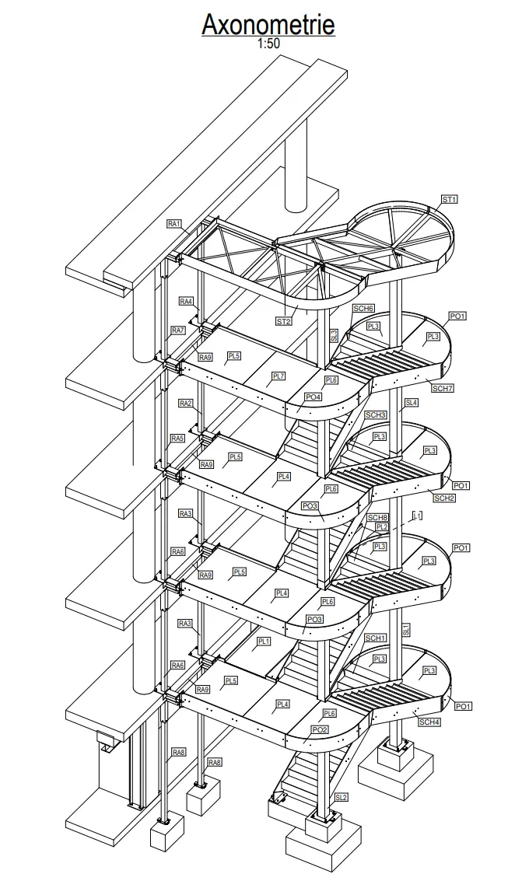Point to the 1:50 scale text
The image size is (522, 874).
click(x=268, y=44)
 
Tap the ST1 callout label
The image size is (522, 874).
click(x=449, y=200)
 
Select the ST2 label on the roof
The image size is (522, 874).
click(x=285, y=320)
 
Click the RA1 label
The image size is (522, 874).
click(x=174, y=224)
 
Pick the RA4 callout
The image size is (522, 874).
click(x=186, y=301)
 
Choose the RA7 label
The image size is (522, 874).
click(x=178, y=330)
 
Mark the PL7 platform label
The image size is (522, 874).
click(x=279, y=376)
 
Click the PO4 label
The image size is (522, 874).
click(x=313, y=397)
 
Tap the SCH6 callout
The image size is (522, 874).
click(x=363, y=309)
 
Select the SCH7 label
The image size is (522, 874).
click(x=443, y=388)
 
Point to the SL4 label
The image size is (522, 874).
click(x=411, y=403)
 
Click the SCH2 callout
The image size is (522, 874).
click(x=444, y=498)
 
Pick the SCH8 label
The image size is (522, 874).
click(x=377, y=517)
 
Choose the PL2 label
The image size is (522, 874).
click(x=381, y=526)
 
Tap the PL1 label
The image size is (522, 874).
click(x=264, y=642)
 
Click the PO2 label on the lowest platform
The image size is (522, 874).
click(x=319, y=729)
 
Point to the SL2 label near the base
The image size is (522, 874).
click(x=342, y=797)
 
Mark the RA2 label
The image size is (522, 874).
click(x=185, y=404)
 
